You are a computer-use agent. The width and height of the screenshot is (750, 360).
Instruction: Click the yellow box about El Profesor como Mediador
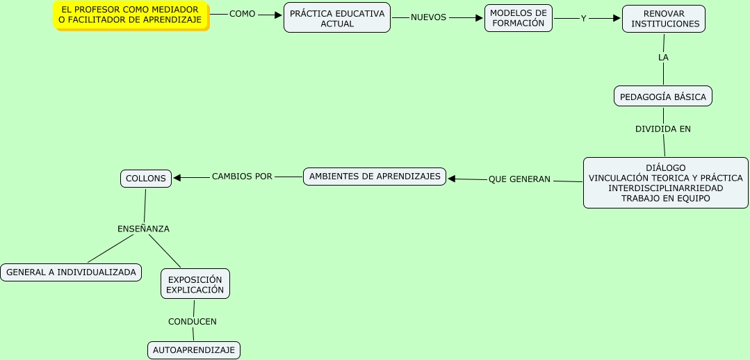click(131, 15)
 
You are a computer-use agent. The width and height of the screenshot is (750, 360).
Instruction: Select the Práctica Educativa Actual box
click(337, 18)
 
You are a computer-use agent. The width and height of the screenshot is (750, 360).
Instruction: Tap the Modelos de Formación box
click(519, 18)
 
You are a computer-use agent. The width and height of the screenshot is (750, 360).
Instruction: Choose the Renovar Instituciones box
click(664, 19)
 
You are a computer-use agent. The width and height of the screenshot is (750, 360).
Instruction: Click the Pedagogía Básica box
click(662, 97)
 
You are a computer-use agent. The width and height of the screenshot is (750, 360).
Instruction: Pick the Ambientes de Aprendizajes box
click(375, 177)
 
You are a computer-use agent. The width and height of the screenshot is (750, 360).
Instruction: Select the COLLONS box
click(146, 179)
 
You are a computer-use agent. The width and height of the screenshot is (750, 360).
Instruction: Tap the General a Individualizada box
click(71, 272)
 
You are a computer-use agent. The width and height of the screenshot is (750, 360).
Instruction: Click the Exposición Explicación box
click(195, 284)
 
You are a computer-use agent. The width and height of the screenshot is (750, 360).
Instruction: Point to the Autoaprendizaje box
click(194, 350)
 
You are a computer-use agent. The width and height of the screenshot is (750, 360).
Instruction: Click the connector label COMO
click(243, 14)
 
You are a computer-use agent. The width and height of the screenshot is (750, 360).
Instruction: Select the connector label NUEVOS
click(428, 17)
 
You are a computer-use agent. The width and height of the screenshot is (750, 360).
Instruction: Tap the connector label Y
click(584, 19)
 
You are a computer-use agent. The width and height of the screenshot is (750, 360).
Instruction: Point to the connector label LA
click(663, 58)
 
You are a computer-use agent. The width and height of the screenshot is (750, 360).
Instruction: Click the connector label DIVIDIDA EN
click(663, 129)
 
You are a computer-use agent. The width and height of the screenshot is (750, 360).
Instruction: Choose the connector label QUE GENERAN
click(519, 179)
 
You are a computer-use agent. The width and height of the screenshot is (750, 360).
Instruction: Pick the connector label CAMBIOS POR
click(242, 177)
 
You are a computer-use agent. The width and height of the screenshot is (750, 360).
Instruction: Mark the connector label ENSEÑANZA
click(143, 229)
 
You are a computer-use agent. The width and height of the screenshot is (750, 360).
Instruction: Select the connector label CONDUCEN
click(193, 322)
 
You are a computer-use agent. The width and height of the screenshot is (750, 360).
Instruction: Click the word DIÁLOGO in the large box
click(665, 168)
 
